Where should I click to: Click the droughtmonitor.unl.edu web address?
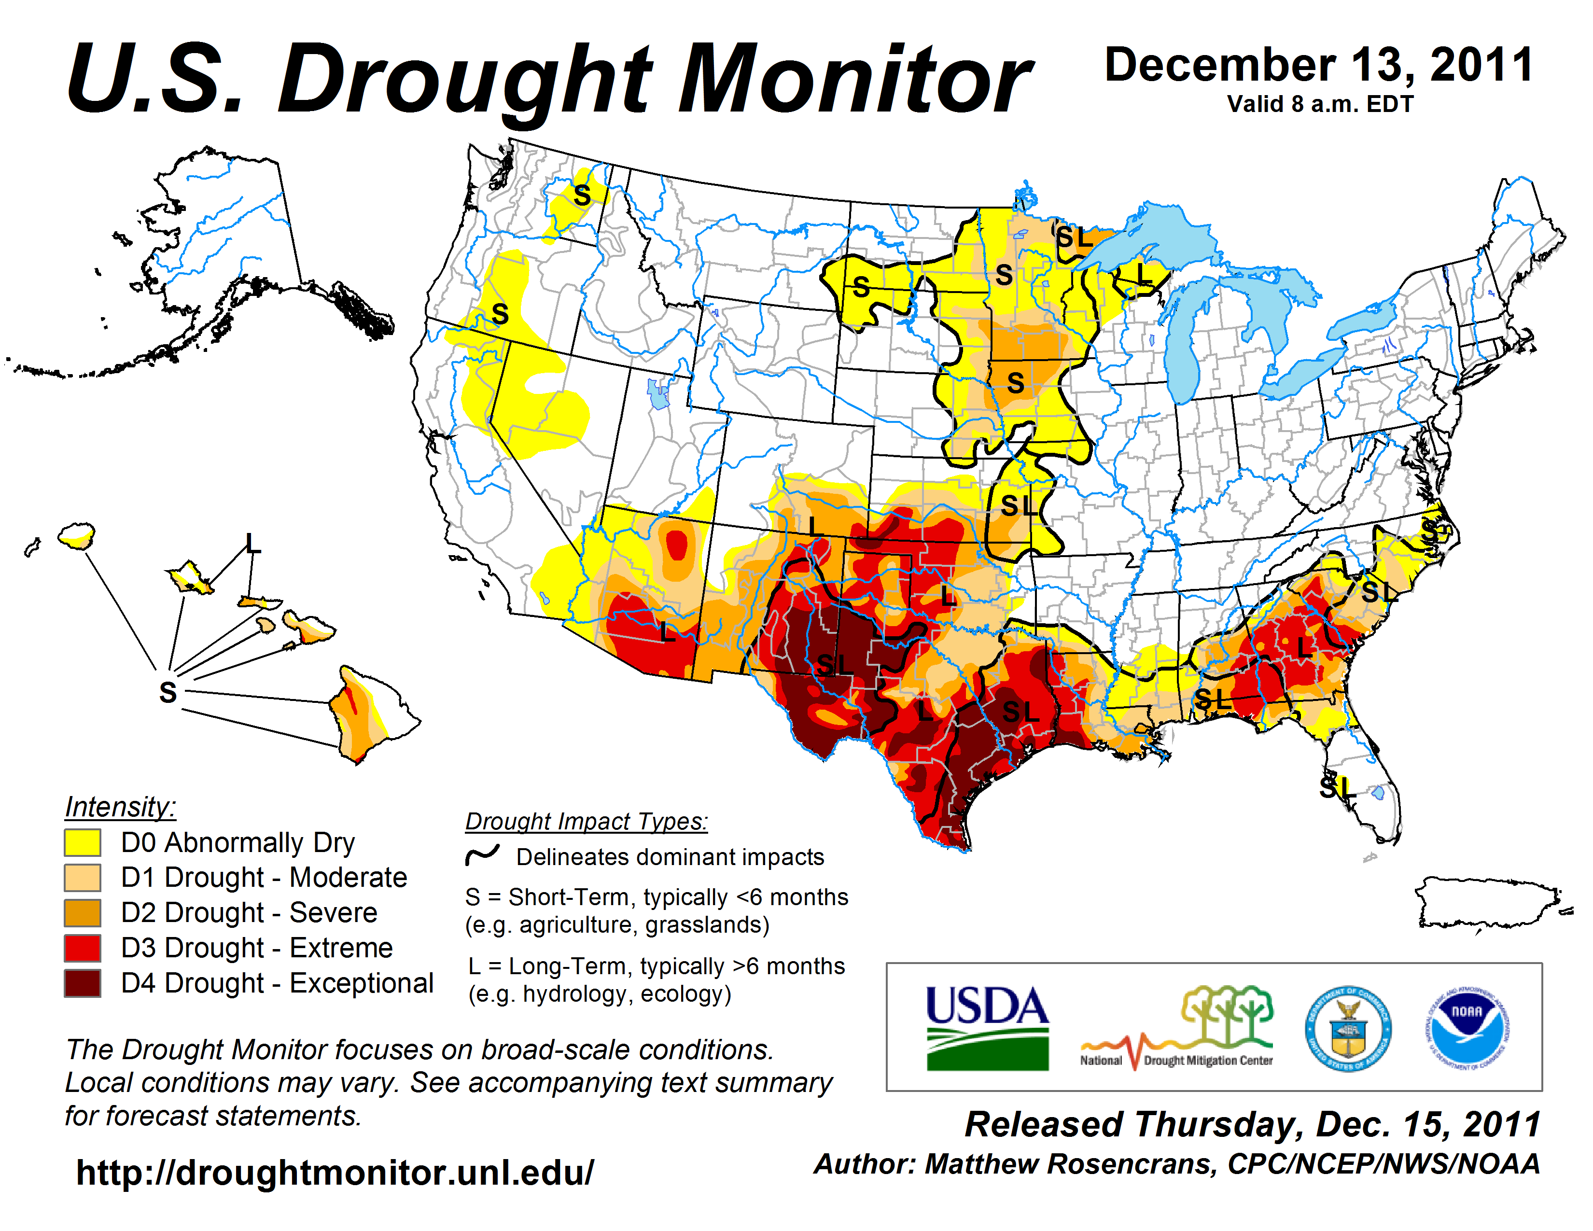click(x=335, y=1172)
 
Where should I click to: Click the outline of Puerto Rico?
click(x=1488, y=904)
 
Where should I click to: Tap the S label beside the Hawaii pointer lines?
click(x=168, y=691)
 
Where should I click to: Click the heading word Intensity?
click(x=120, y=807)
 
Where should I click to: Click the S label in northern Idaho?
click(x=581, y=196)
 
